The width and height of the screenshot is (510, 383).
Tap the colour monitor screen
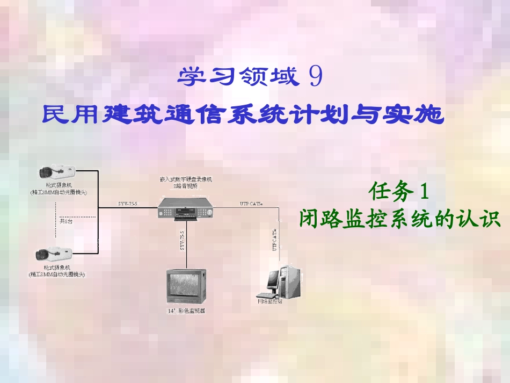pyautogui.click(x=185, y=284)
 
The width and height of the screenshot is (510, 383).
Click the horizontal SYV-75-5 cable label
pyautogui.click(x=128, y=204)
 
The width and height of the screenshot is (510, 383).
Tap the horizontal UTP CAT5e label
pyautogui.click(x=251, y=204)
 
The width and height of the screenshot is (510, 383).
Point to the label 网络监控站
pyautogui.click(x=269, y=301)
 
